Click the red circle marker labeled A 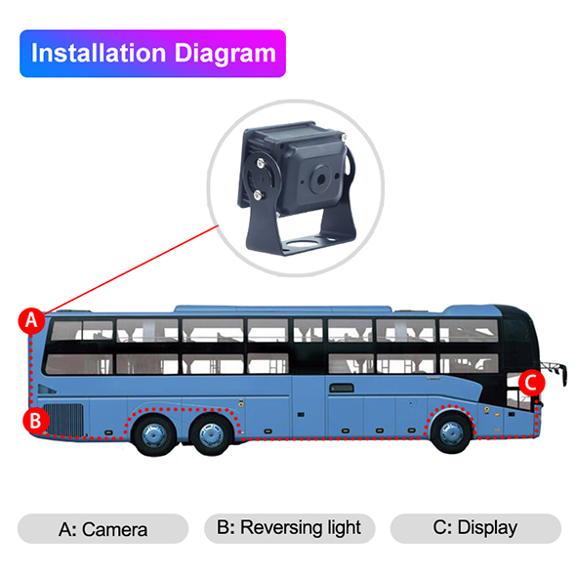click(x=31, y=320)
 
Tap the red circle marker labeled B click(x=35, y=420)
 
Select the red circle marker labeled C click(x=531, y=383)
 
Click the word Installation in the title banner click(x=99, y=54)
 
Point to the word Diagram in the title click(x=225, y=55)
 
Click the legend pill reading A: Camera click(x=103, y=528)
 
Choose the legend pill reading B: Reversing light click(x=290, y=528)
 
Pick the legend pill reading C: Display click(x=475, y=528)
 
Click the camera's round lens click(x=320, y=180)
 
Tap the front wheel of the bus click(x=451, y=432)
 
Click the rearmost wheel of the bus click(x=154, y=435)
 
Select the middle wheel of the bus click(x=211, y=435)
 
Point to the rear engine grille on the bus click(x=63, y=420)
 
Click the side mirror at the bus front click(x=555, y=372)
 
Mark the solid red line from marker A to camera click(x=132, y=269)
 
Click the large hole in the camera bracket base click(x=302, y=242)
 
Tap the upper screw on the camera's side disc click(x=261, y=163)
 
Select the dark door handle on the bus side click(x=342, y=388)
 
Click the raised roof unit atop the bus click(x=283, y=309)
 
